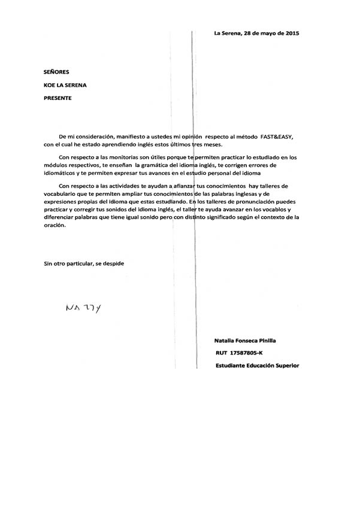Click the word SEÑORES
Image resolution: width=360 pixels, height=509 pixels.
point(57,71)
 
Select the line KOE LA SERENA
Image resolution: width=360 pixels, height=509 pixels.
point(65,85)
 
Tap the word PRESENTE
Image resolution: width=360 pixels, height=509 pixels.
point(58,98)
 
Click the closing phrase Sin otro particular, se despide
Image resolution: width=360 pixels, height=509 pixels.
point(84,263)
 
